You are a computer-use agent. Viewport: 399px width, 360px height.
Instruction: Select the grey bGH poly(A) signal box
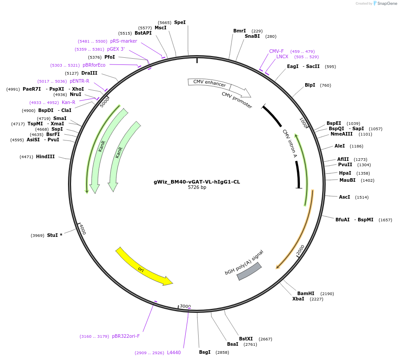249,271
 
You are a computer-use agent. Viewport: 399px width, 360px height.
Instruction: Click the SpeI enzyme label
180,22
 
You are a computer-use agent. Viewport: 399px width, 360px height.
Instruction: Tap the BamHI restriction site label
306,293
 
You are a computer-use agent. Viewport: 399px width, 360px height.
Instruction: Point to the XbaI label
298,299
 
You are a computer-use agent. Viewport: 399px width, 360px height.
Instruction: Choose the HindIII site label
45,156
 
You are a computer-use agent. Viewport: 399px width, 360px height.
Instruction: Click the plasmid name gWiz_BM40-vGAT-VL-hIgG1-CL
197,182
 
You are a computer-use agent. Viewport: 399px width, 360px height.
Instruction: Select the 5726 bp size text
197,187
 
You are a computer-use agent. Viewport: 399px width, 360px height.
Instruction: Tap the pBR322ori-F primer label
126,336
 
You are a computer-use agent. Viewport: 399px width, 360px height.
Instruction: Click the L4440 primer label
174,352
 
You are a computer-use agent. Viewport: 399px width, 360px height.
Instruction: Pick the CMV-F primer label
276,51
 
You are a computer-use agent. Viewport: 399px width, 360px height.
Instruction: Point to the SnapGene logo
385,4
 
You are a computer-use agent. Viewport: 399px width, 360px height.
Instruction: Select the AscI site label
344,197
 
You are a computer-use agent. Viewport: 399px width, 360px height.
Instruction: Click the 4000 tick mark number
83,229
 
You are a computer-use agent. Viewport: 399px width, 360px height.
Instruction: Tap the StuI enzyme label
54,235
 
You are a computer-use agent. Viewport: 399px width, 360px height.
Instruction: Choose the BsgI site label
205,352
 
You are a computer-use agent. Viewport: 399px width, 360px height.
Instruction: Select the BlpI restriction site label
310,85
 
